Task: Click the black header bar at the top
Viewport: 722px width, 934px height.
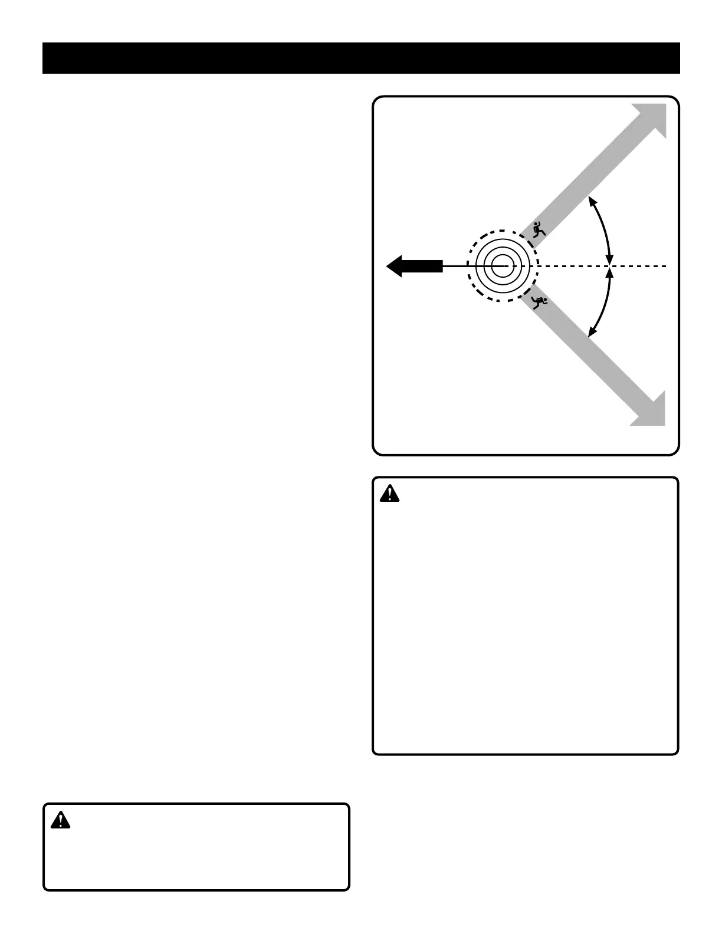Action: point(361,58)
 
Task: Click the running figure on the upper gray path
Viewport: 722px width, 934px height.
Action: point(538,229)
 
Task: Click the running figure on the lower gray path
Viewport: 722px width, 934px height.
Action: point(539,302)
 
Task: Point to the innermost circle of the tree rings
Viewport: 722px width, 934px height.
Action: point(502,266)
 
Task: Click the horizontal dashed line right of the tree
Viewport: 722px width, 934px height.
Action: point(637,266)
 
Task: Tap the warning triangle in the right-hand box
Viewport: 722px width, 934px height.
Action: point(389,494)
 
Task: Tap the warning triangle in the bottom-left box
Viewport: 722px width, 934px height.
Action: point(60,820)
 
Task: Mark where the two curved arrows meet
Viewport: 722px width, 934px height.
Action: point(611,266)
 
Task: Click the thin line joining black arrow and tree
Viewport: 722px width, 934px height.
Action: point(457,266)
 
